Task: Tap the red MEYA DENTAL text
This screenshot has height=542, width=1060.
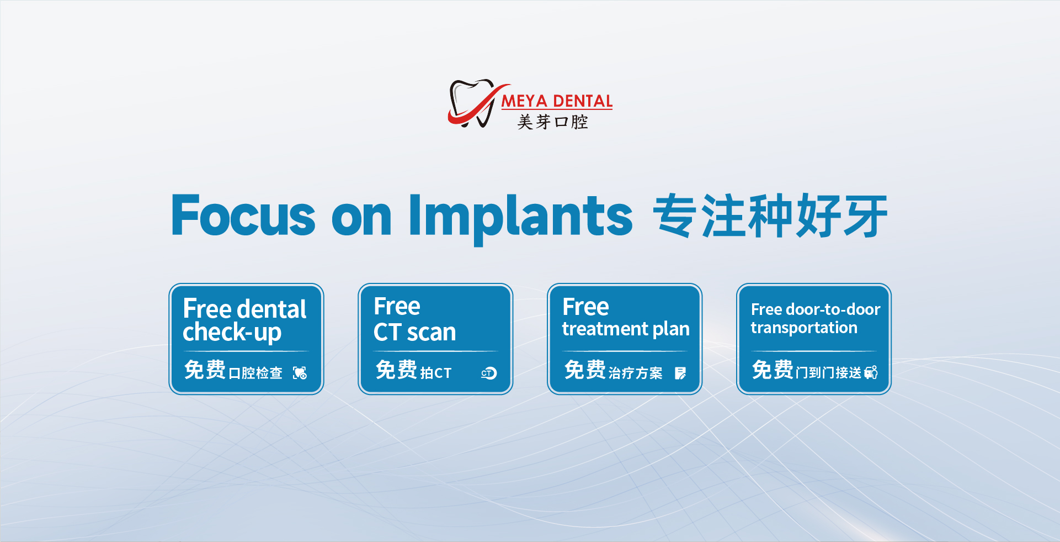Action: tap(557, 101)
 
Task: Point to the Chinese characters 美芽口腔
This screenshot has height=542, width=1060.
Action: tap(553, 122)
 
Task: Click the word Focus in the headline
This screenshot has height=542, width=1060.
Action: tap(243, 215)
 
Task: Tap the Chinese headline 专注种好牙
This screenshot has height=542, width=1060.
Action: tap(770, 216)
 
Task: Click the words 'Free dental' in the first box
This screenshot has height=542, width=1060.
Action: tap(244, 309)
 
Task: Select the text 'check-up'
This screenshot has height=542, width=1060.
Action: tap(232, 333)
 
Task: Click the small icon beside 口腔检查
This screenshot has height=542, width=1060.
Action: tap(300, 373)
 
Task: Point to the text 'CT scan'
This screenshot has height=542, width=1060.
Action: tap(415, 332)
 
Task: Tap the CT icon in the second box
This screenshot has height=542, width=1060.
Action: tap(489, 373)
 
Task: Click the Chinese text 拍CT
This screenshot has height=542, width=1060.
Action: tap(436, 373)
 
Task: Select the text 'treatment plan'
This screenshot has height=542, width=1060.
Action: tap(626, 329)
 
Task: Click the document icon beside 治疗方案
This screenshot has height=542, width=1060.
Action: tap(680, 373)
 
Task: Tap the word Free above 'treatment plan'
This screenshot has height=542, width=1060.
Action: tap(585, 307)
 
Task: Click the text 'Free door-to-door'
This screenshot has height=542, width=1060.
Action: tap(816, 309)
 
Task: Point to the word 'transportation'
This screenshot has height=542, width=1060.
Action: tap(804, 328)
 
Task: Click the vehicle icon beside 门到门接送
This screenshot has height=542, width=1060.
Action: tap(871, 372)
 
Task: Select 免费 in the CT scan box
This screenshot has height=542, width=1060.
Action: tap(396, 370)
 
